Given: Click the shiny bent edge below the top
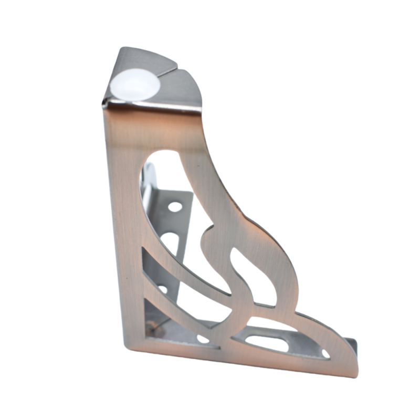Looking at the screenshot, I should [152, 108].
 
